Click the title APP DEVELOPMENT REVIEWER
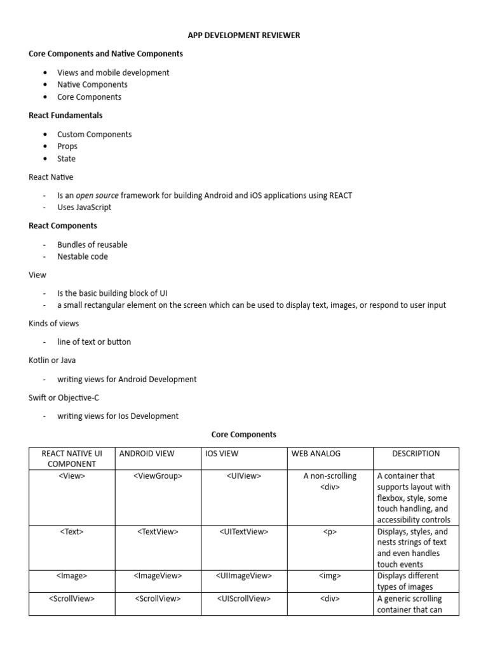coord(244,36)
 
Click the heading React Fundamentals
coord(65,116)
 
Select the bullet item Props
coord(67,146)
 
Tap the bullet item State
coord(66,159)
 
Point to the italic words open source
coord(97,196)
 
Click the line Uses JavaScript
coord(85,208)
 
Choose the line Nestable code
coord(83,256)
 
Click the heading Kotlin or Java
coord(52,360)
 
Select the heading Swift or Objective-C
coord(64,397)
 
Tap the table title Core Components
coord(244,435)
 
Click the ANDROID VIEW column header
coord(147,454)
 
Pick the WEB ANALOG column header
coord(316,454)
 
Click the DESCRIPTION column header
coord(416,454)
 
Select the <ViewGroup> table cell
coord(158,476)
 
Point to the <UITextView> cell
coord(244,532)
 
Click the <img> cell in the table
coord(330,576)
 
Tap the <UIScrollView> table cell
coord(244,599)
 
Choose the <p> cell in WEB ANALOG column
coord(330,532)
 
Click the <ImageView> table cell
coord(158,576)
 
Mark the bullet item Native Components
coord(92,84)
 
